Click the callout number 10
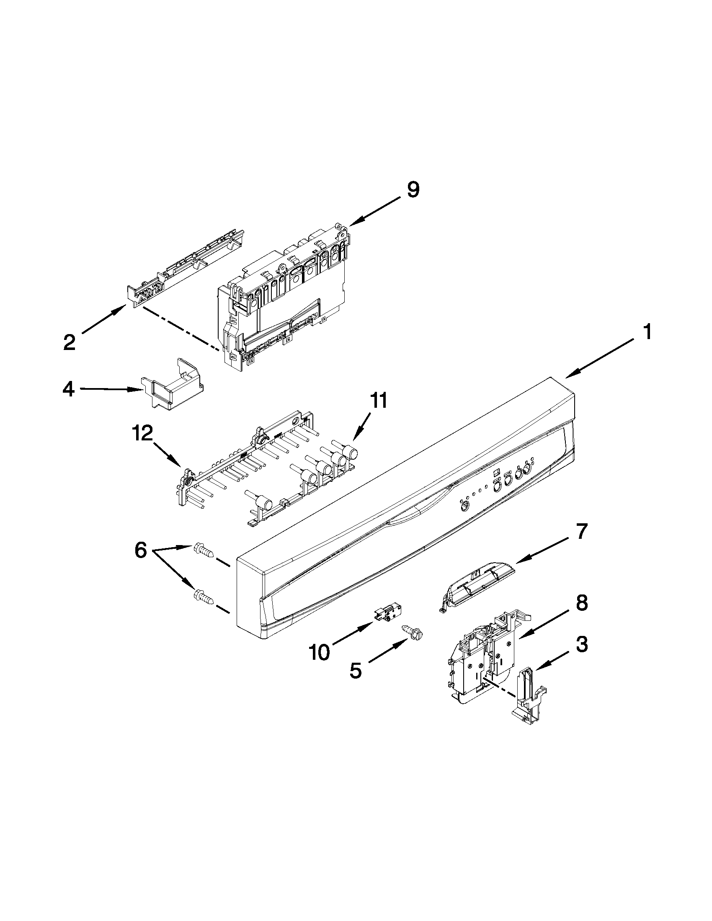[x=319, y=653]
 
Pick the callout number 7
[x=581, y=533]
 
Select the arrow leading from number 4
[x=110, y=390]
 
